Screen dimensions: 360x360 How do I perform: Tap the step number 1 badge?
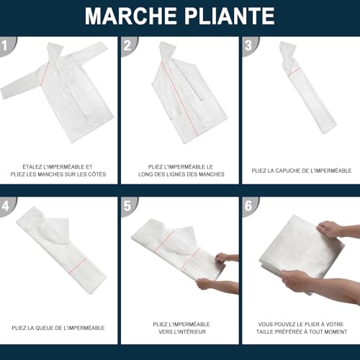coord(6,45)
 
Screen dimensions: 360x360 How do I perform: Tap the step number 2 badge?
coord(127,45)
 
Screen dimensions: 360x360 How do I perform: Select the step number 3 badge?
coord(248,45)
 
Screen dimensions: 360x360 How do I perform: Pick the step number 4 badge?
coord(6,207)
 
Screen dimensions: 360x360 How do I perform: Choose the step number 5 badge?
coord(127,207)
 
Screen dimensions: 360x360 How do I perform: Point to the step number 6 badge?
coord(248,207)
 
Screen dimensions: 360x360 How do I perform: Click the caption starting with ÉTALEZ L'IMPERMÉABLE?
coord(58,170)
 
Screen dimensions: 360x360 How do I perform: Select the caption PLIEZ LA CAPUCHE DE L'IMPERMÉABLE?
coord(301,171)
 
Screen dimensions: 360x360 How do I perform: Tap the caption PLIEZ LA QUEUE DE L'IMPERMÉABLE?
coord(58,328)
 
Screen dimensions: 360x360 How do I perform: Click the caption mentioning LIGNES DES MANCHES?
coord(180,170)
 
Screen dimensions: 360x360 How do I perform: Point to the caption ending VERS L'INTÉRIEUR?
coord(180,328)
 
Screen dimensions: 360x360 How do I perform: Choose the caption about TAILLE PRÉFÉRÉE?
coord(301,328)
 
